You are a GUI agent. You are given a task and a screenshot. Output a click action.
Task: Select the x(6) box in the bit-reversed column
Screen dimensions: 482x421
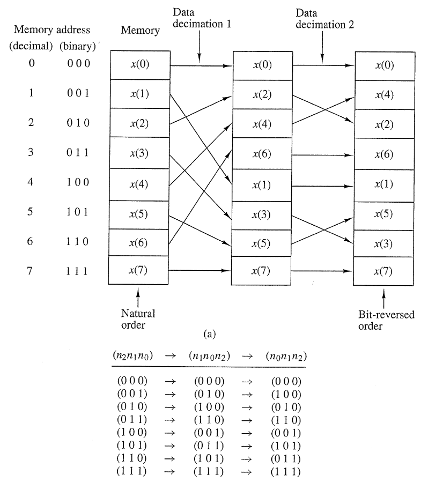point(383,155)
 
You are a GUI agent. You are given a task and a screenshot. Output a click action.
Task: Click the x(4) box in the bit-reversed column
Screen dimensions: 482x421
point(383,95)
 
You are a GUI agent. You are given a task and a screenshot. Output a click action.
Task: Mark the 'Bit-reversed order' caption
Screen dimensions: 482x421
point(386,320)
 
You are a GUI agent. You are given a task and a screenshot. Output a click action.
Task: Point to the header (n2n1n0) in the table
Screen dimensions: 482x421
point(132,355)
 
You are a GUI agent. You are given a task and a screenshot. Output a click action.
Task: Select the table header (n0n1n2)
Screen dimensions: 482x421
point(286,355)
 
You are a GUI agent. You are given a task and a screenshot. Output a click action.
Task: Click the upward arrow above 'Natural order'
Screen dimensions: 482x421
point(138,296)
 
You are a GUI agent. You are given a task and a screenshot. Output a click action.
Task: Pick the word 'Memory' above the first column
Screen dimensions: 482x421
point(140,31)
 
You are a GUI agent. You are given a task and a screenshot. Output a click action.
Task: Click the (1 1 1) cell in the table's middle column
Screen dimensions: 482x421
point(210,472)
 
